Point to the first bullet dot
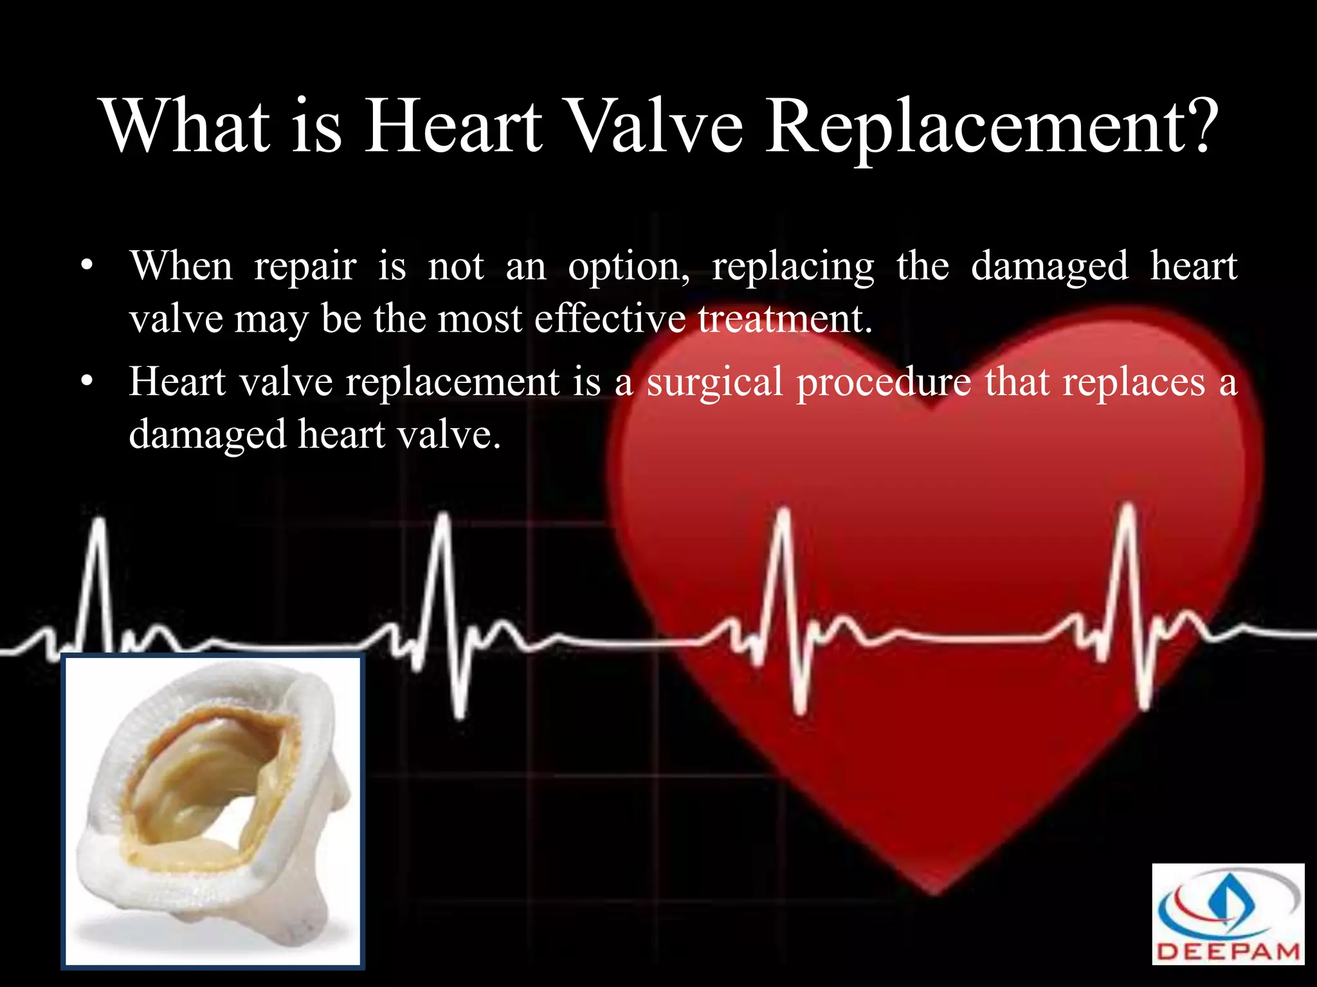point(87,266)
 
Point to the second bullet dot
point(87,382)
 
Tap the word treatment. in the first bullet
point(785,319)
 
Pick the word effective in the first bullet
point(610,319)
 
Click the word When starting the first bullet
point(181,266)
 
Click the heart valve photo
point(213,811)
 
